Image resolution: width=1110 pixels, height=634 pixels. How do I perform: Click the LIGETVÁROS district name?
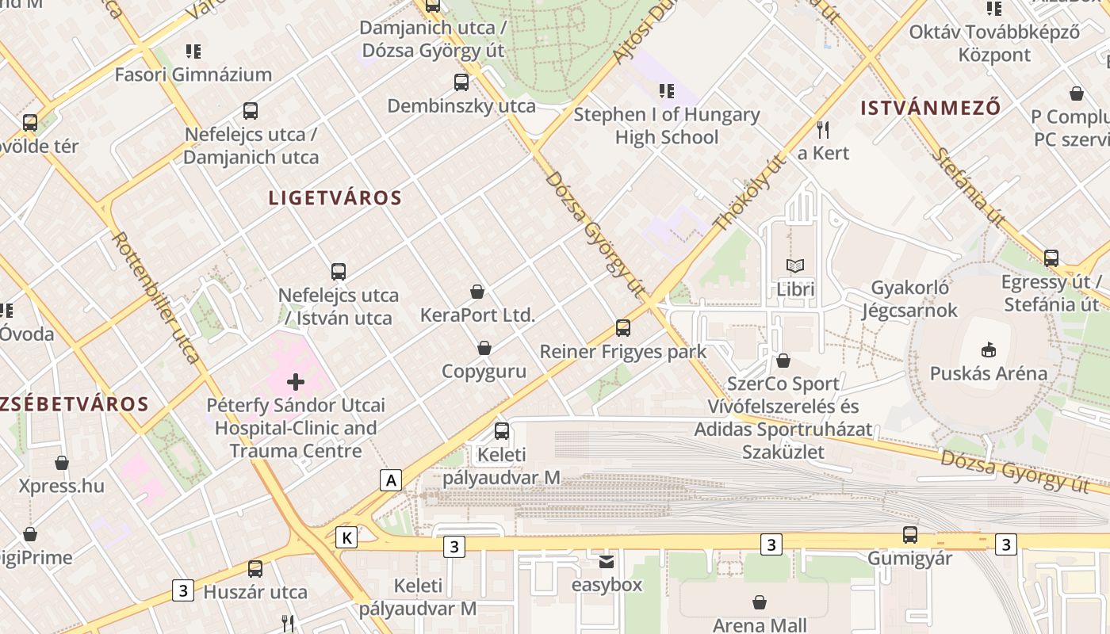[335, 198]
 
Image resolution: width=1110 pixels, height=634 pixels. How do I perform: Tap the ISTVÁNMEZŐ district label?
[931, 108]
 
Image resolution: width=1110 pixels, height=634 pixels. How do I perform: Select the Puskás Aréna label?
[988, 373]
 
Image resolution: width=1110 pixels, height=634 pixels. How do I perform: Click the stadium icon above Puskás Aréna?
[988, 349]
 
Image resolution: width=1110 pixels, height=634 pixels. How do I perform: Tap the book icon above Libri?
[794, 266]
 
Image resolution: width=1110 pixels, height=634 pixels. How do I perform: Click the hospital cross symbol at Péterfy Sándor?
[296, 382]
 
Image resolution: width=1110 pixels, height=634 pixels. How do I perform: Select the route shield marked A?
[390, 479]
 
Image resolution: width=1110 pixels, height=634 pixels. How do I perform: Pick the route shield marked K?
[346, 537]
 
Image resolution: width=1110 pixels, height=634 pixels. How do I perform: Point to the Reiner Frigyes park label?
[622, 351]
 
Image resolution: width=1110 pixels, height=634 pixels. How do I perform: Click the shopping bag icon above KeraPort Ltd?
[477, 292]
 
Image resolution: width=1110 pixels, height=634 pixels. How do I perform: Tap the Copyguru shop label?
[484, 371]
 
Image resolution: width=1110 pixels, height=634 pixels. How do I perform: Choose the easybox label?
[607, 585]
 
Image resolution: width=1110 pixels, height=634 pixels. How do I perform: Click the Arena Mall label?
[759, 624]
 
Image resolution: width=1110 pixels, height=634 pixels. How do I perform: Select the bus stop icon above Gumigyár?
[909, 535]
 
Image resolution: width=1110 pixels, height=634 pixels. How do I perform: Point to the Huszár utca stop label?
[255, 592]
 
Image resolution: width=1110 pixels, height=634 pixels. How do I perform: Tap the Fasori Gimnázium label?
[193, 74]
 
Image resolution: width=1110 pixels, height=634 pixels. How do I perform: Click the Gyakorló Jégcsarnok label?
[914, 299]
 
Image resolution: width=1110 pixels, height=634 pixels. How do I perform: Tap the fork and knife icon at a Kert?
[823, 129]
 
